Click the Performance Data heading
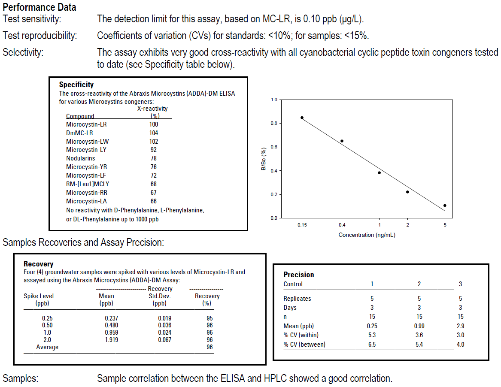(x=39, y=7)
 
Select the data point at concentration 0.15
(x=302, y=118)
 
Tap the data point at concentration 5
(x=445, y=206)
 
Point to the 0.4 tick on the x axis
(x=342, y=225)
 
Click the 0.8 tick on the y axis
(x=273, y=124)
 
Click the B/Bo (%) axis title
(x=264, y=159)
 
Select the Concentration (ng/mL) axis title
(x=367, y=235)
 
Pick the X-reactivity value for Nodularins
(x=153, y=158)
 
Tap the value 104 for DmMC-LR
(x=153, y=133)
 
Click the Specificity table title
(x=76, y=85)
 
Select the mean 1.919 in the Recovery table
(x=111, y=340)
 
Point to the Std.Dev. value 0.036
(x=164, y=325)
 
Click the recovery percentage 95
(x=210, y=318)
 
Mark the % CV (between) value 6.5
(x=372, y=344)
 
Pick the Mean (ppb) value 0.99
(x=419, y=326)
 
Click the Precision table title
(x=299, y=275)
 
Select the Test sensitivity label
(x=32, y=19)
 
